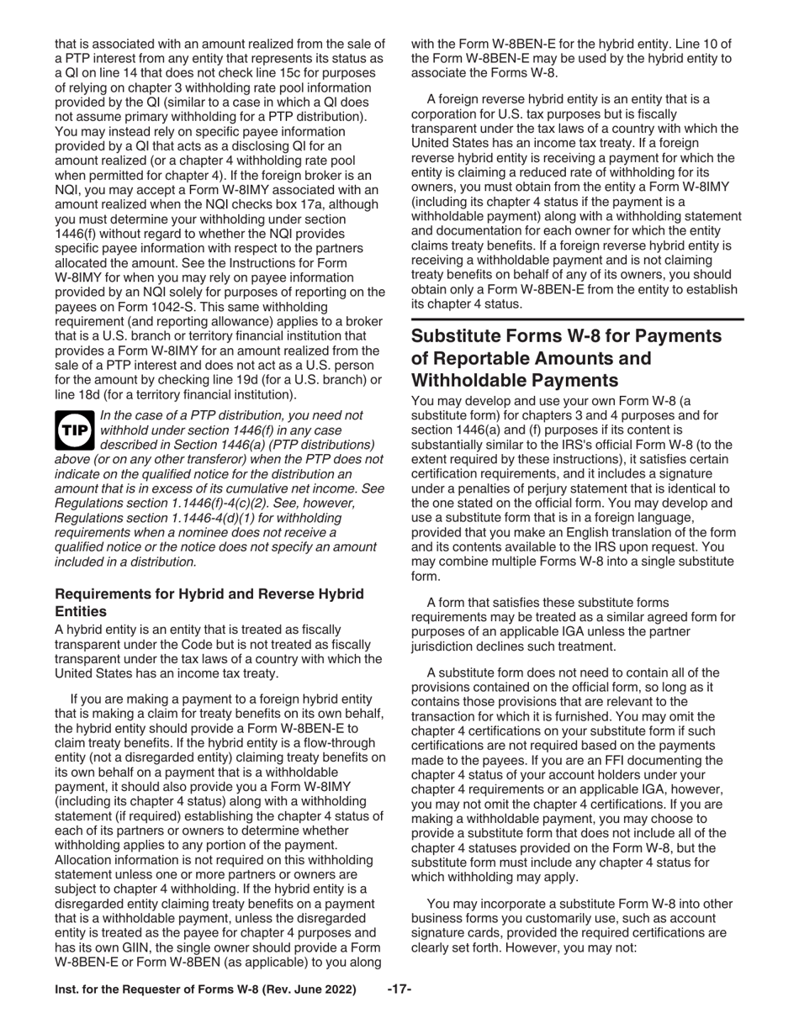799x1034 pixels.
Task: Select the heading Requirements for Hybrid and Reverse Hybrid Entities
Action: (x=209, y=603)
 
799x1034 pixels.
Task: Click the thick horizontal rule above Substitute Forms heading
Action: (x=577, y=319)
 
